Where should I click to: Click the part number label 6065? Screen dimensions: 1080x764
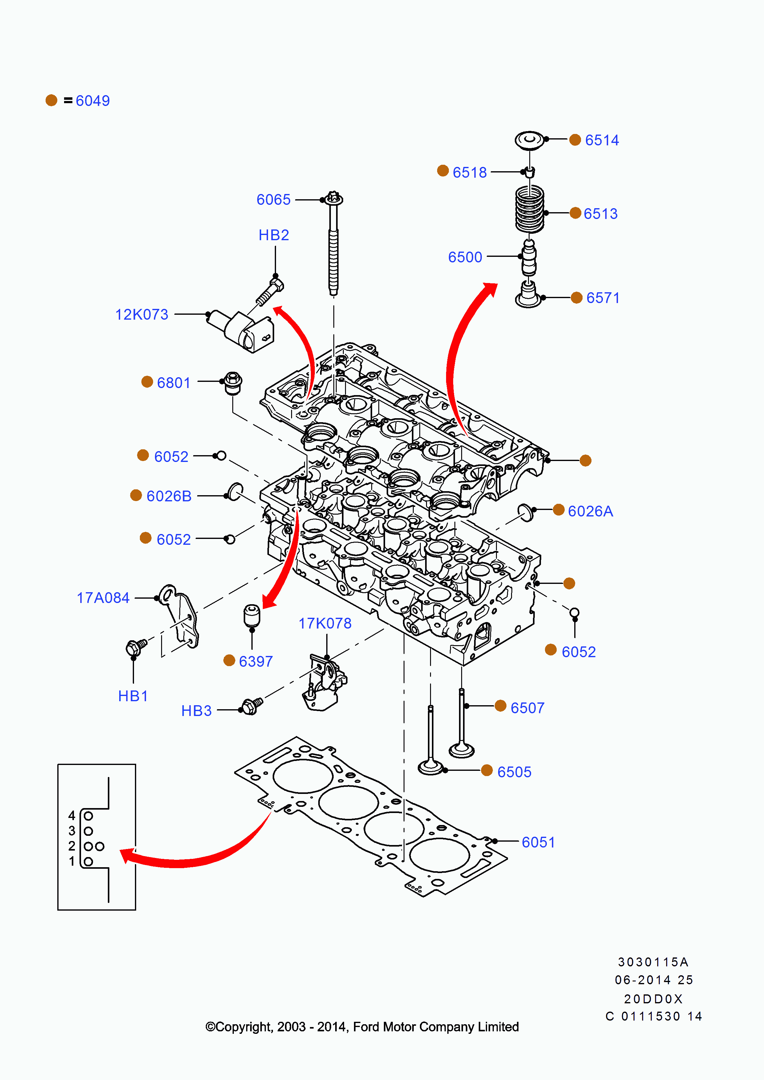[x=273, y=200]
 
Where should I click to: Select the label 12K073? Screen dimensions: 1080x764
[x=142, y=315]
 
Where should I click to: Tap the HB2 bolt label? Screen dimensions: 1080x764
[x=274, y=235]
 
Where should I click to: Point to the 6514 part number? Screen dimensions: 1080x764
[x=602, y=140]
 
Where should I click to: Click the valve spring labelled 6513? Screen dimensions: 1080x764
[x=530, y=209]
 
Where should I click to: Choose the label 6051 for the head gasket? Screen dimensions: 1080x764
[x=538, y=843]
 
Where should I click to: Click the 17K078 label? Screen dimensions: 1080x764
[x=325, y=624]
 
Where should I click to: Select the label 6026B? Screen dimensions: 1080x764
[x=169, y=496]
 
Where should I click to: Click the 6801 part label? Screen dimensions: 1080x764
[x=173, y=383]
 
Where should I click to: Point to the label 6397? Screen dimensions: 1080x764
[x=255, y=662]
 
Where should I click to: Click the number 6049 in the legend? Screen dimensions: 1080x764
[x=93, y=101]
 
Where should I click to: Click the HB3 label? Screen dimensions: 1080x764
[x=196, y=711]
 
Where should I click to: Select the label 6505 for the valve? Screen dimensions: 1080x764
[x=514, y=772]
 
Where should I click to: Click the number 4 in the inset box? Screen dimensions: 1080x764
[x=71, y=816]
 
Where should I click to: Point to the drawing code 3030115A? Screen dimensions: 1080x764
[x=653, y=962]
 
